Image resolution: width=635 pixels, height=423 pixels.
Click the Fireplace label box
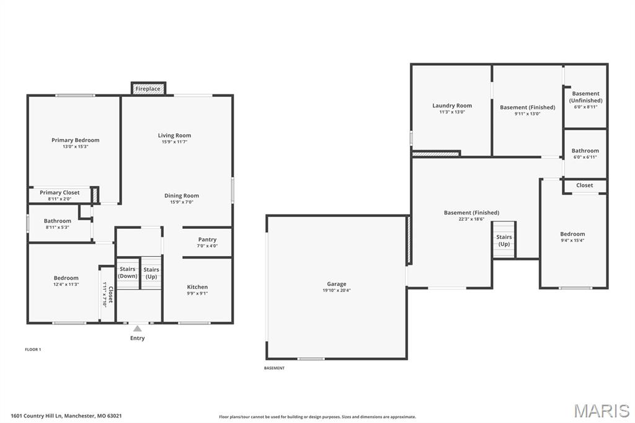tap(148, 89)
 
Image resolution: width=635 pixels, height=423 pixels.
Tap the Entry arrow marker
tap(138, 329)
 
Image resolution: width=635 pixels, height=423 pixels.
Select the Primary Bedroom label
tap(75, 140)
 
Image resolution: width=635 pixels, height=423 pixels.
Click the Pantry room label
tap(207, 239)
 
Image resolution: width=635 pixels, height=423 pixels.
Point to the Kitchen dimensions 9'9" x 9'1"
tap(197, 293)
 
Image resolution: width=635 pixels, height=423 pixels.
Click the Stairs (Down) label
tap(128, 272)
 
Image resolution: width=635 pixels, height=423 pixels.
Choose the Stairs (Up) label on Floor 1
tap(151, 272)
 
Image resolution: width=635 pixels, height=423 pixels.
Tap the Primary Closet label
tap(60, 192)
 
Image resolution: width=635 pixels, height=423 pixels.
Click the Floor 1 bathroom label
tap(58, 221)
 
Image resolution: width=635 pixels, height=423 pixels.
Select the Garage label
tap(337, 284)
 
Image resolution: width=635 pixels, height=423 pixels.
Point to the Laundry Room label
tap(452, 105)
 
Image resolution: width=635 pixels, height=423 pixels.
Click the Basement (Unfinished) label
tap(585, 97)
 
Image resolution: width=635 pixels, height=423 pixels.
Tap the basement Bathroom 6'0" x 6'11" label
tap(585, 151)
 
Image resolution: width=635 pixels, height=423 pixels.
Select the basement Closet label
tap(584, 185)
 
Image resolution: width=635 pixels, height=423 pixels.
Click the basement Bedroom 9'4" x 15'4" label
tap(572, 234)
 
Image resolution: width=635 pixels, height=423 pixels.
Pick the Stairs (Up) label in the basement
tap(504, 240)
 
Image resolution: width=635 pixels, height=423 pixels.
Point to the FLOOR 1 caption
tap(33, 349)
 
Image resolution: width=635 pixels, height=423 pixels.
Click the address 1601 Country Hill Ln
tap(66, 416)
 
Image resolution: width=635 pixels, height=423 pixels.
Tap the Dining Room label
tap(182, 195)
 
